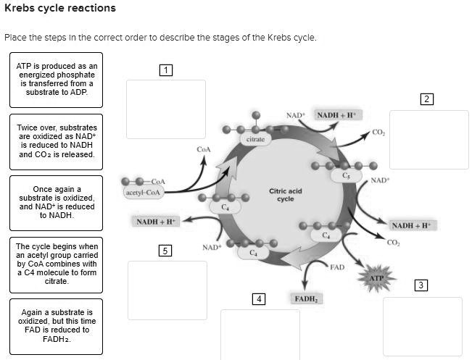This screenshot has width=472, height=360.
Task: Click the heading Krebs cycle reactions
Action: pos(59,9)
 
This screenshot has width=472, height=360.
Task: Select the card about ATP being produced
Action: pos(57,80)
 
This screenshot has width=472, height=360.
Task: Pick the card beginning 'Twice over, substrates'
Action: pos(57,141)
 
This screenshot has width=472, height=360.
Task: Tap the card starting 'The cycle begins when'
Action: pos(57,264)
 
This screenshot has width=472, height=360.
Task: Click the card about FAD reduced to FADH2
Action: pos(57,326)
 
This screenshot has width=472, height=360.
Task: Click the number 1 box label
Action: pos(166,70)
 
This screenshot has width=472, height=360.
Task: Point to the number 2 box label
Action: pos(428,99)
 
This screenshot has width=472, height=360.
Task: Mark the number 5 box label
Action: pos(166,251)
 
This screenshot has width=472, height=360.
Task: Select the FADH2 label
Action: pos(307,298)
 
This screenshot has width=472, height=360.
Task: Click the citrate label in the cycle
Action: pos(255,139)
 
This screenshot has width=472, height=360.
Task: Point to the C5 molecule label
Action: pos(347,175)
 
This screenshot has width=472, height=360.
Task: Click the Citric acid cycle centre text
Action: pos(285,195)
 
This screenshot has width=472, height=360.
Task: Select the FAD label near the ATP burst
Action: pos(336,267)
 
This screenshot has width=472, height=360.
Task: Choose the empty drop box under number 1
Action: pos(166,109)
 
